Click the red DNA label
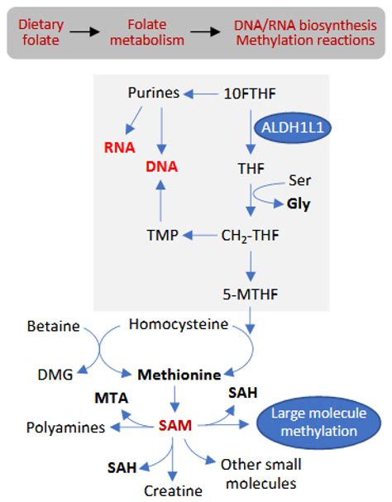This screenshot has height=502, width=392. [161, 166]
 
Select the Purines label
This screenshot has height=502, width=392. [154, 93]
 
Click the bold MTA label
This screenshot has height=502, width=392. [111, 398]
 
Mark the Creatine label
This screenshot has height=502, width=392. [174, 490]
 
